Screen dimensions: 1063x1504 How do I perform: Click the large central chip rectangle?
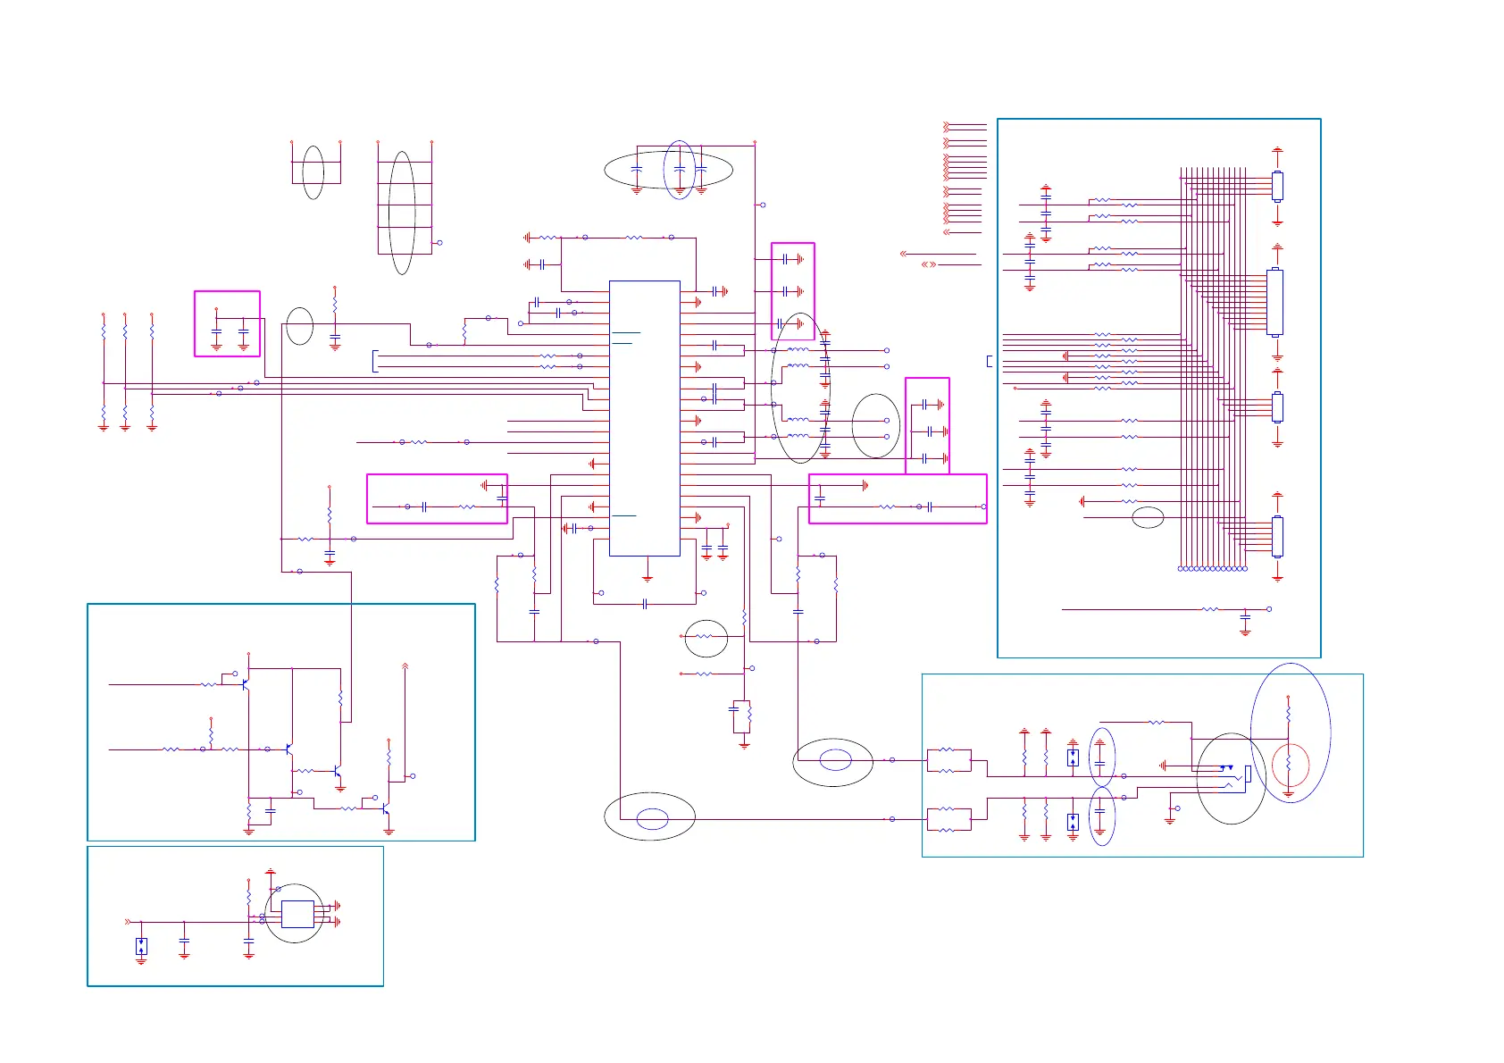click(644, 418)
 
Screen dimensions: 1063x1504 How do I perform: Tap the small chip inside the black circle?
click(297, 915)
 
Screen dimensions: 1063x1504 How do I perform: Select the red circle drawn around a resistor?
click(1291, 766)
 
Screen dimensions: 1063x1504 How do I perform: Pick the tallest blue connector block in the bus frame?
click(1274, 303)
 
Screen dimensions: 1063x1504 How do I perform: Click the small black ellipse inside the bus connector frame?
click(1148, 517)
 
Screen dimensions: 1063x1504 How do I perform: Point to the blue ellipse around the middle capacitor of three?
click(679, 170)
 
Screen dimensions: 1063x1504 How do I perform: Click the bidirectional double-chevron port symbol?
click(929, 264)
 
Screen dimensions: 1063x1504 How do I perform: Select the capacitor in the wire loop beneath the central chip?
click(644, 605)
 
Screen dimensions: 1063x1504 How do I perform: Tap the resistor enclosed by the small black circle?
click(706, 638)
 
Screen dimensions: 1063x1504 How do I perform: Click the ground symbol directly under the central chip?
click(648, 578)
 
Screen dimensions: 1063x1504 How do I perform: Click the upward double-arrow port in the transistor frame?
click(405, 665)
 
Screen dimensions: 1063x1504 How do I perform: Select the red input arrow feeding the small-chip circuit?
click(128, 922)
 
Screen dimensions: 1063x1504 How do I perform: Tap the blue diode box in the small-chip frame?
click(141, 946)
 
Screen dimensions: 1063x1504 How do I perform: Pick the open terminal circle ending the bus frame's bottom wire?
click(1269, 609)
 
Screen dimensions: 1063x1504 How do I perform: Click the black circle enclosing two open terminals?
click(875, 426)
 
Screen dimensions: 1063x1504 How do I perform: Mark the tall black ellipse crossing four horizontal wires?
click(402, 213)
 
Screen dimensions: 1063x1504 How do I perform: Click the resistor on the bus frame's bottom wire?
click(1210, 609)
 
